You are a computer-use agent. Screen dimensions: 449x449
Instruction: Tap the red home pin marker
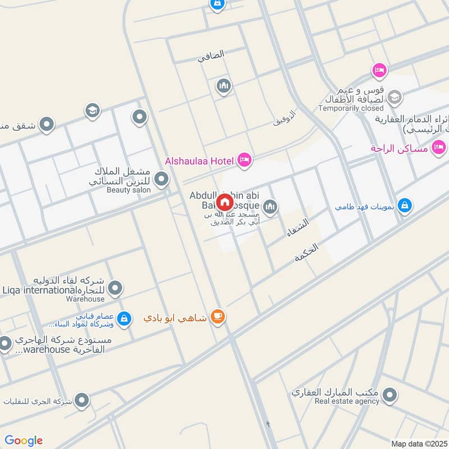coord(224,202)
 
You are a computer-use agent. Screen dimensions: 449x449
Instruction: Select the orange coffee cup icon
coord(217,318)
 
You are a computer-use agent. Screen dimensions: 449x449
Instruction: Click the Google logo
coord(24,441)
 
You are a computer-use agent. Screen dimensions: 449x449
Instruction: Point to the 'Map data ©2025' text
coord(419,443)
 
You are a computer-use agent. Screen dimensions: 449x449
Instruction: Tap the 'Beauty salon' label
coord(129,190)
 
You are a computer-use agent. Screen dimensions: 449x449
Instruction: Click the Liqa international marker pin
coord(116,288)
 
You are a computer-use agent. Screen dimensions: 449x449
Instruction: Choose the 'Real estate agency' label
coord(347,401)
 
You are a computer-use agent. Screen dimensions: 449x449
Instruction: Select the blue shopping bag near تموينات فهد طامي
coord(404,206)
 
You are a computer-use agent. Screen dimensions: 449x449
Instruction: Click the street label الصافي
coord(211,55)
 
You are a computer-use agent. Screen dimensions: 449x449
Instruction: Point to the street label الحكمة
coord(306,254)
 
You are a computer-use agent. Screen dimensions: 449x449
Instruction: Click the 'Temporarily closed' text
coord(351,108)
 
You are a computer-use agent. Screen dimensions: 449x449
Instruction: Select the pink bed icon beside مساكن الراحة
coord(439,148)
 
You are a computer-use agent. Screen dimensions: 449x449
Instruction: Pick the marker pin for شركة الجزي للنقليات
coord(82,401)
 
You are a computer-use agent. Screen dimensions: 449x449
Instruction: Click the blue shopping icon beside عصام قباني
coord(124,319)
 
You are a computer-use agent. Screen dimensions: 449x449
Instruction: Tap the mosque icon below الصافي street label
coord(223,86)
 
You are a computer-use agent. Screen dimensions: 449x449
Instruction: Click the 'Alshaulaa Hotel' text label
coord(199,161)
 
